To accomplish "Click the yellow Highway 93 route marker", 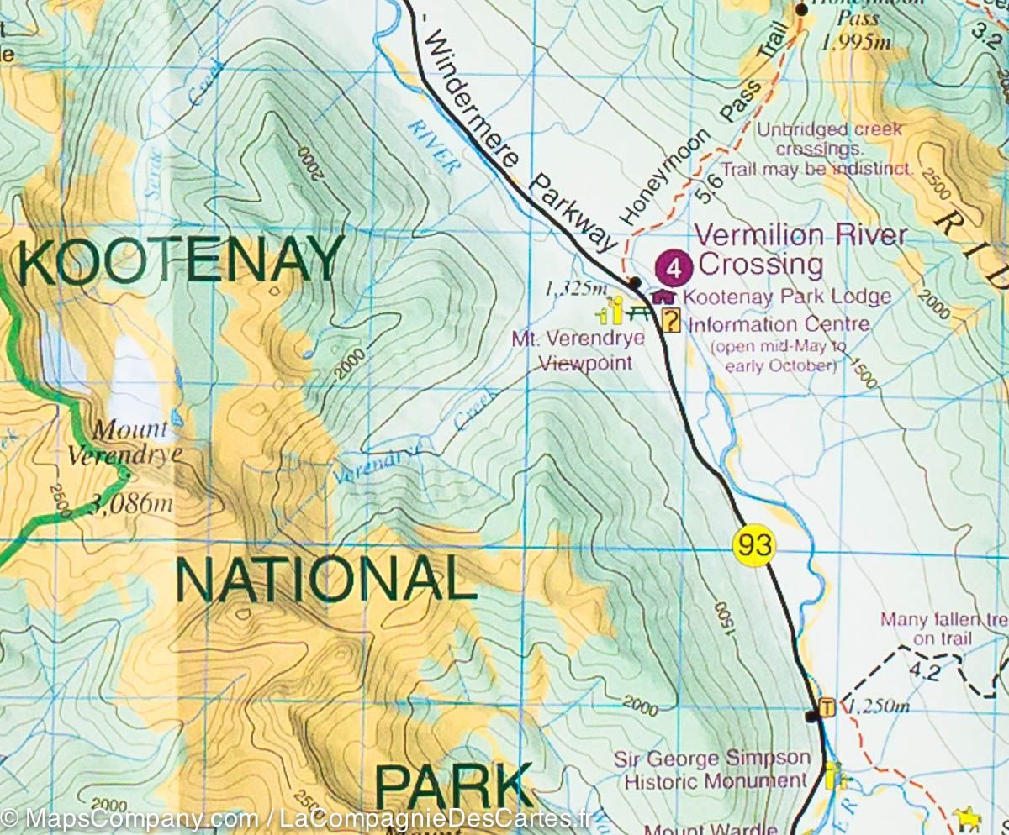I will click(753, 545).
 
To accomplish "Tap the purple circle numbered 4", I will click(674, 268).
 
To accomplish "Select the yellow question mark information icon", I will click(671, 320).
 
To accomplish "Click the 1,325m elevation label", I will click(576, 289).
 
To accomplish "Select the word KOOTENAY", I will click(181, 260).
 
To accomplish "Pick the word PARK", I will click(453, 786).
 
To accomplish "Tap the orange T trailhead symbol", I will click(827, 707).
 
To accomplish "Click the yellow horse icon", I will click(967, 817).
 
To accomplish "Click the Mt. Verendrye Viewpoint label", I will click(578, 351).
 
